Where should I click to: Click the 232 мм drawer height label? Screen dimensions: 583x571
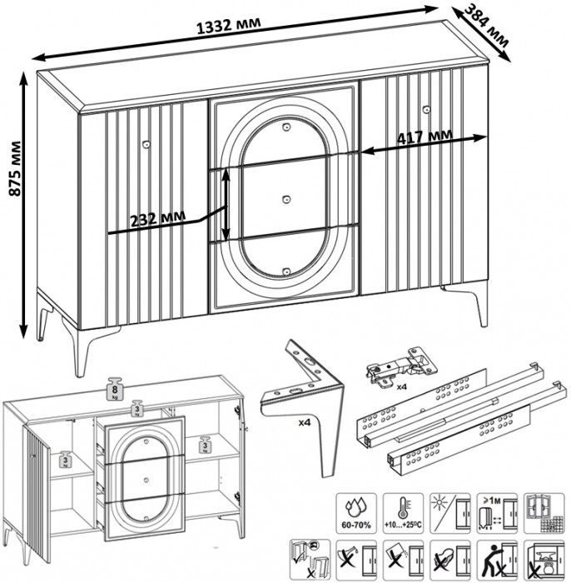(157, 219)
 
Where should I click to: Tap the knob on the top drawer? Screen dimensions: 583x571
(285, 127)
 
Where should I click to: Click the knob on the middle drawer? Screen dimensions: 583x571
(285, 199)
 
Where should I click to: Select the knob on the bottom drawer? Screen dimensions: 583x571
(285, 270)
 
